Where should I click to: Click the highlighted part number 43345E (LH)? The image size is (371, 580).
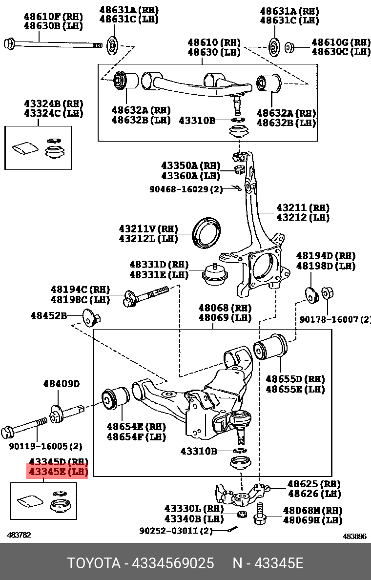pyautogui.click(x=57, y=472)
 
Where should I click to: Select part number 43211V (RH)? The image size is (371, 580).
pyautogui.click(x=148, y=228)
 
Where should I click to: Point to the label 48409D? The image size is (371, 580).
pyautogui.click(x=61, y=384)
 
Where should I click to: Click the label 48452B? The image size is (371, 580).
pyautogui.click(x=48, y=315)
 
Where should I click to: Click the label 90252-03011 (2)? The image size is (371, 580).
pyautogui.click(x=176, y=530)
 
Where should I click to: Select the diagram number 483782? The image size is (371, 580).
pyautogui.click(x=19, y=535)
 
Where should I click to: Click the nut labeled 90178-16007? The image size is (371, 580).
pyautogui.click(x=328, y=293)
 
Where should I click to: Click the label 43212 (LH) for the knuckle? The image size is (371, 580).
pyautogui.click(x=303, y=217)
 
